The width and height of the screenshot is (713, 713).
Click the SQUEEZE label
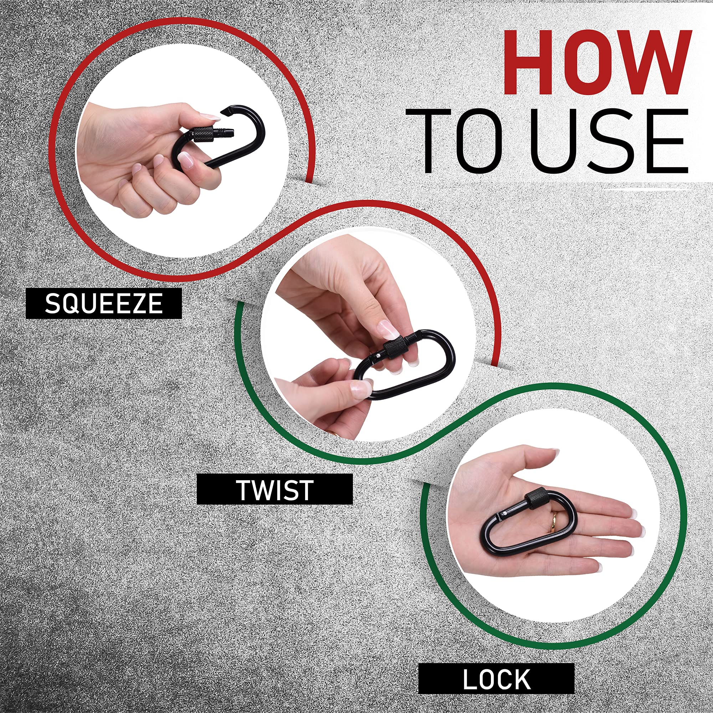pos(104,303)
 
